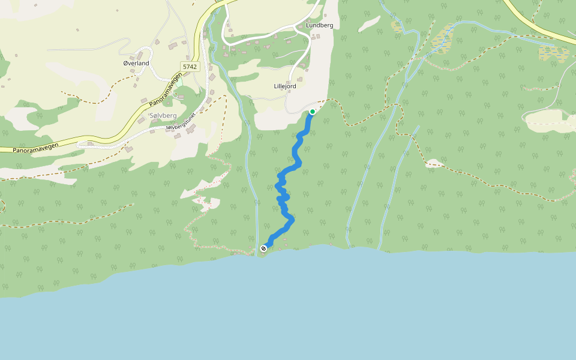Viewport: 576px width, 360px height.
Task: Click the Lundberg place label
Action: point(319,25)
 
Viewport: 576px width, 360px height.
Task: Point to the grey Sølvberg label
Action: point(162,115)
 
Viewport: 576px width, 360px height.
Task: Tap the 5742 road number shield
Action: point(190,67)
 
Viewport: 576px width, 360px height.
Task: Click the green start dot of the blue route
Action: point(313,112)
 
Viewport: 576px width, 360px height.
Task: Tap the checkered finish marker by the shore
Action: point(263,248)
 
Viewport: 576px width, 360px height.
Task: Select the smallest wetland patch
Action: point(397,26)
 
